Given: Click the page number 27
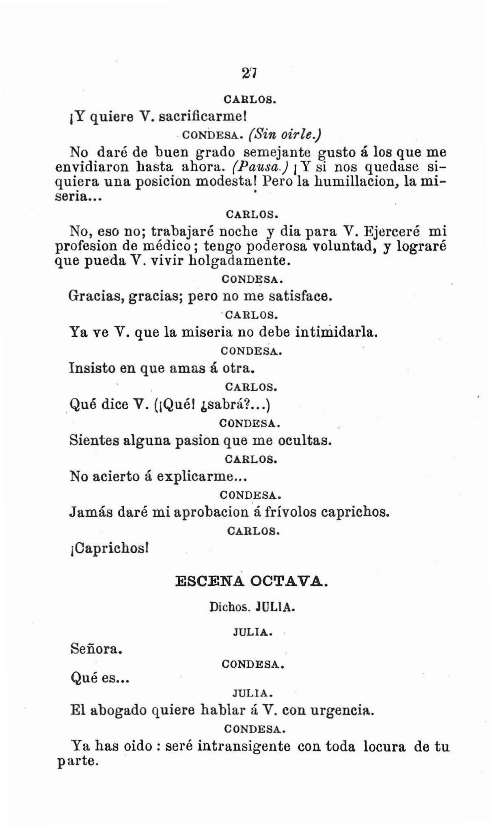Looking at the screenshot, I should pyautogui.click(x=247, y=73).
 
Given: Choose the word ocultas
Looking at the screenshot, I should pyautogui.click(x=304, y=440).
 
